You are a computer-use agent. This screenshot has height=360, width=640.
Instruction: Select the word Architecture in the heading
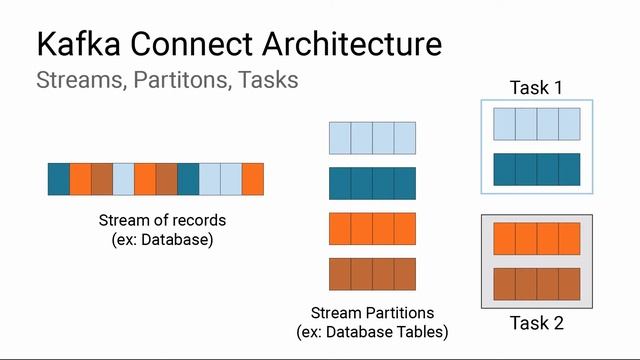pyautogui.click(x=350, y=45)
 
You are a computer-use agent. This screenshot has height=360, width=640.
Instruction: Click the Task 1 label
pyautogui.click(x=536, y=87)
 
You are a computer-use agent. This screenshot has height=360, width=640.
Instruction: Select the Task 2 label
pyautogui.click(x=536, y=323)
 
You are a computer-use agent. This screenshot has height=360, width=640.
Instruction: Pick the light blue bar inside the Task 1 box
pyautogui.click(x=536, y=124)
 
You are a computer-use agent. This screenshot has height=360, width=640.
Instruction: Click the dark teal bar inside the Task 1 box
pyautogui.click(x=536, y=168)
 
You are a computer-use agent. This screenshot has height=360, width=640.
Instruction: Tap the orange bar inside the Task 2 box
pyautogui.click(x=536, y=239)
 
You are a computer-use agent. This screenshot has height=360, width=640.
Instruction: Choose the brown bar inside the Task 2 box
pyautogui.click(x=536, y=283)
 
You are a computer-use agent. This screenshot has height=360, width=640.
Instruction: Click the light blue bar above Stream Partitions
pyautogui.click(x=372, y=137)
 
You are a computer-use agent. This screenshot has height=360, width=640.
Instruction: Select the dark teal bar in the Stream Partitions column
pyautogui.click(x=372, y=183)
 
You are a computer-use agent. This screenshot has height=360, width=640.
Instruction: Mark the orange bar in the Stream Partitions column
pyautogui.click(x=372, y=228)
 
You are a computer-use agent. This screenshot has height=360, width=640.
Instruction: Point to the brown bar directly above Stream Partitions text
pyautogui.click(x=372, y=273)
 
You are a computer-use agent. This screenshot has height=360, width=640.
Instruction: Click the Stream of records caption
pyautogui.click(x=162, y=220)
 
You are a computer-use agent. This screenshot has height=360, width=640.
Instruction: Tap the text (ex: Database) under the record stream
pyautogui.click(x=162, y=240)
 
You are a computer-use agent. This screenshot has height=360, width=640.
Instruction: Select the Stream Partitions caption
pyautogui.click(x=372, y=312)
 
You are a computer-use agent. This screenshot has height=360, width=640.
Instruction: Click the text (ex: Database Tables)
pyautogui.click(x=372, y=331)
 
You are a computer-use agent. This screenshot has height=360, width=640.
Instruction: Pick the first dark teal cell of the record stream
pyautogui.click(x=59, y=178)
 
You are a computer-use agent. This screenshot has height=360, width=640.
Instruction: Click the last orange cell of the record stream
pyautogui.click(x=253, y=178)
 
